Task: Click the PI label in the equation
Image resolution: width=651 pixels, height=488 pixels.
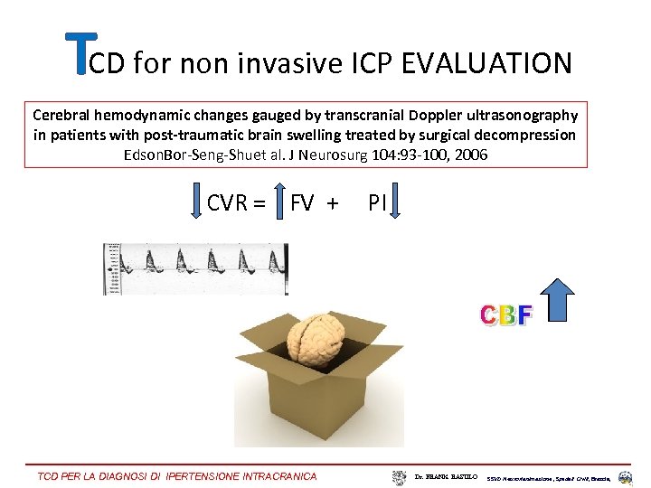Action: coord(377,203)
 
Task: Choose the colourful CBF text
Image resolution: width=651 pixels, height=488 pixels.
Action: coord(506,315)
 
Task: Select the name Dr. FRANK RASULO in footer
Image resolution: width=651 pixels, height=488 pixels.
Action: coord(447,475)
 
